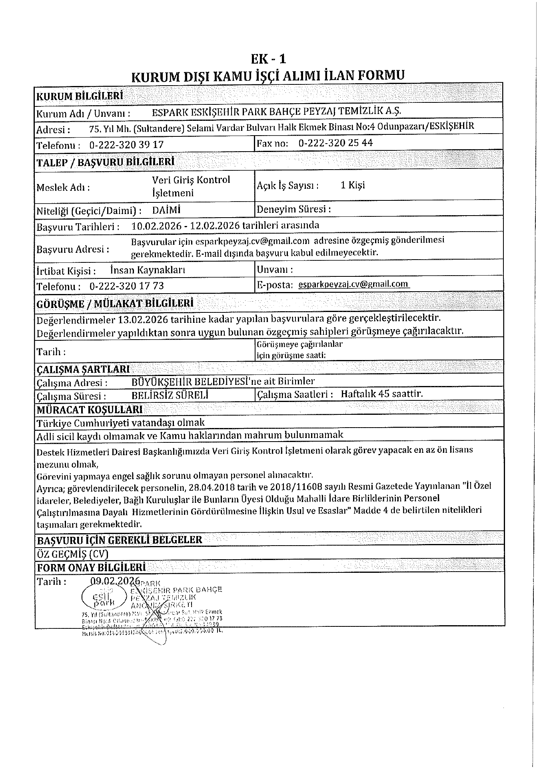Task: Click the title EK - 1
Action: pyautogui.click(x=268, y=59)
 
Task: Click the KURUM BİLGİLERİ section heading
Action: pyautogui.click(x=80, y=96)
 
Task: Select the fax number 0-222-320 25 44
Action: pyautogui.click(x=335, y=143)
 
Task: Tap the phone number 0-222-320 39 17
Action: pyautogui.click(x=126, y=145)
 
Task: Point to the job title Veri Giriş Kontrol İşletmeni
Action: pyautogui.click(x=191, y=186)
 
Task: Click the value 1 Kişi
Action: pyautogui.click(x=353, y=185)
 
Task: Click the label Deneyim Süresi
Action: pyautogui.click(x=293, y=209)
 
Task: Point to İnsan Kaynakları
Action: pyautogui.click(x=148, y=270)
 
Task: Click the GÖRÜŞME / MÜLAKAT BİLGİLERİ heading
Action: pyautogui.click(x=115, y=303)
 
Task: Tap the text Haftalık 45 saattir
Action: pyautogui.click(x=381, y=394)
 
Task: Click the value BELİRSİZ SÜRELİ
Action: pyautogui.click(x=170, y=396)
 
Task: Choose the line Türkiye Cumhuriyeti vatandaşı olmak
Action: pyautogui.click(x=120, y=422)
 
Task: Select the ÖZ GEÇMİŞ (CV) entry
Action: pyautogui.click(x=72, y=554)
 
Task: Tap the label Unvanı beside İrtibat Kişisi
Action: pyautogui.click(x=274, y=270)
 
